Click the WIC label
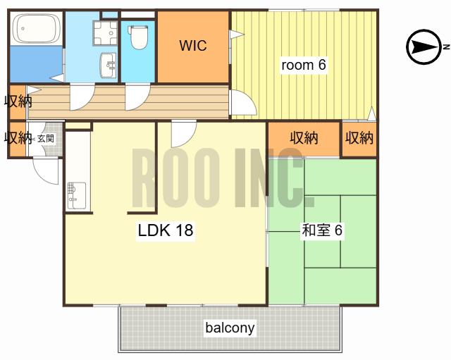point(193,45)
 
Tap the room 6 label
point(304,65)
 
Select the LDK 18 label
point(166,230)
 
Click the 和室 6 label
point(322,230)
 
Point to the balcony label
point(230,328)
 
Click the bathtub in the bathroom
point(36,28)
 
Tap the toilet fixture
point(139,37)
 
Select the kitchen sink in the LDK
point(76,196)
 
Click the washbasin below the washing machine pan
point(108,66)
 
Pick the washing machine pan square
point(105,33)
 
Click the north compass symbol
point(425,47)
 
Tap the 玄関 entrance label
point(46,139)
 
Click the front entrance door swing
point(46,170)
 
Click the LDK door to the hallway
point(184,134)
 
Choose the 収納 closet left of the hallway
point(18,101)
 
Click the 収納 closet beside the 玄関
point(18,139)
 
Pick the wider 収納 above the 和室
point(304,139)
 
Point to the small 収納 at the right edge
point(359,139)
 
